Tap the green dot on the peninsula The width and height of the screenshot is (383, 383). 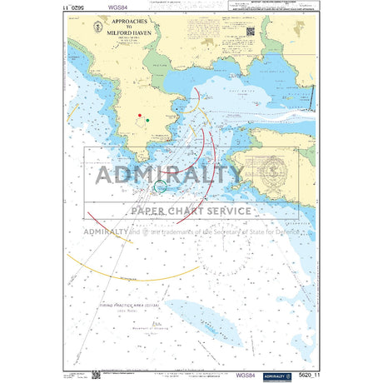click(x=148, y=122)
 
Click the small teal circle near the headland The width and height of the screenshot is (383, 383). click(x=162, y=187)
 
